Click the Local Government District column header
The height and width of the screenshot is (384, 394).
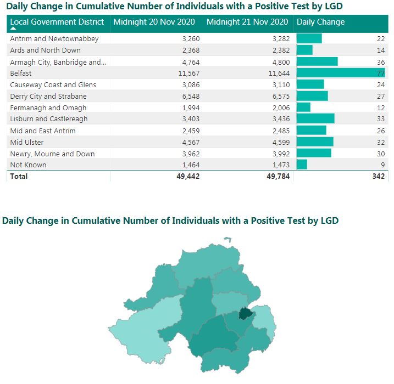(x=57, y=22)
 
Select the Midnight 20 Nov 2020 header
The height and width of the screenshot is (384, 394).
(x=154, y=22)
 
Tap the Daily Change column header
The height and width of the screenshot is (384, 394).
(x=320, y=22)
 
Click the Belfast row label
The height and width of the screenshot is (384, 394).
(x=21, y=74)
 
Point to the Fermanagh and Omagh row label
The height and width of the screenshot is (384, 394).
(x=48, y=108)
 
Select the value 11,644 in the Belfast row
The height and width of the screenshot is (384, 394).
(x=279, y=74)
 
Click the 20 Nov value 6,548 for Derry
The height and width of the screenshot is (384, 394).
(x=191, y=97)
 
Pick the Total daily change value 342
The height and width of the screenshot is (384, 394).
(x=379, y=176)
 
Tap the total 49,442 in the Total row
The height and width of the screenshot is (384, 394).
(x=188, y=176)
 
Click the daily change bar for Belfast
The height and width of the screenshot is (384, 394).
(x=341, y=73)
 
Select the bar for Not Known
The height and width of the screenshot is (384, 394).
(x=302, y=165)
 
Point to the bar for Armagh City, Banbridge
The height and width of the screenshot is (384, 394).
(x=317, y=61)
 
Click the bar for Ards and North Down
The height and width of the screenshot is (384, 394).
(x=304, y=50)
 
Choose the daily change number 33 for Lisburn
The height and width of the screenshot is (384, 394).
(x=381, y=119)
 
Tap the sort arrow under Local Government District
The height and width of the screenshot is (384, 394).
(x=13, y=29)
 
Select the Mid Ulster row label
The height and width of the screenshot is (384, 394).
(x=27, y=143)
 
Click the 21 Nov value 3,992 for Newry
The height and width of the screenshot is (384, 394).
(x=281, y=154)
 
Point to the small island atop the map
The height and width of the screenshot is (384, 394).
(x=227, y=239)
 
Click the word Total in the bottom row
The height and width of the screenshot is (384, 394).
(x=19, y=176)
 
